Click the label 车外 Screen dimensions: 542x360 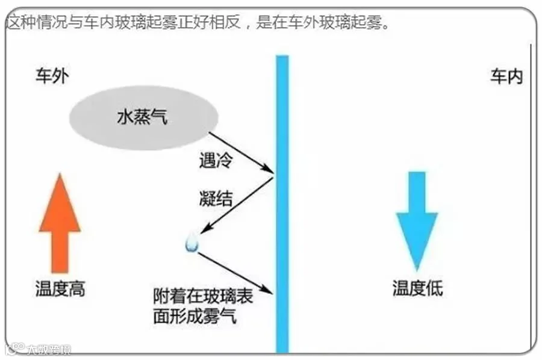click(53, 77)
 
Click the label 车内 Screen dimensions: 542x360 click(506, 77)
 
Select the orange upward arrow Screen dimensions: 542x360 click(59, 222)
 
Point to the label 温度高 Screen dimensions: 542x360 click(60, 289)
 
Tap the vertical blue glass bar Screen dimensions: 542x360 click(282, 205)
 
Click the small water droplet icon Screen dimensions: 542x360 click(193, 243)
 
